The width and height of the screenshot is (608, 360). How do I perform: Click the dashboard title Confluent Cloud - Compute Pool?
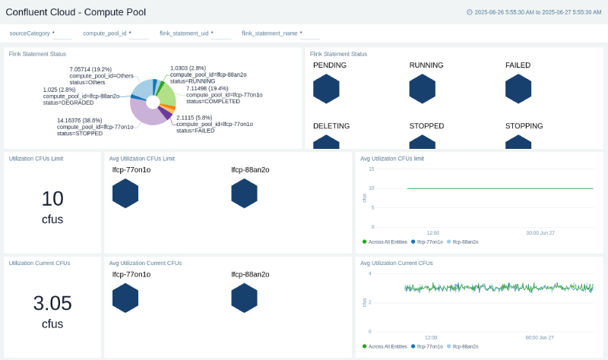pyautogui.click(x=76, y=12)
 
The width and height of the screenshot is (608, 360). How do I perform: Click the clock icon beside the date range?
pyautogui.click(x=469, y=12)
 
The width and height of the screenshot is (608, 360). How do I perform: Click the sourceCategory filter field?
pyautogui.click(x=40, y=33)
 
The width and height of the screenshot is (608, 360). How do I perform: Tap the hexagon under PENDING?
pyautogui.click(x=326, y=89)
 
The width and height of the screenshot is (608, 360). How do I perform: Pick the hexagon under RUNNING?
pyautogui.click(x=422, y=89)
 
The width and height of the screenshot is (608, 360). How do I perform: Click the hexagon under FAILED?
pyautogui.click(x=518, y=89)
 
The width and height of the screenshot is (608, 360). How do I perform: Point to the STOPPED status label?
pyautogui.click(x=426, y=126)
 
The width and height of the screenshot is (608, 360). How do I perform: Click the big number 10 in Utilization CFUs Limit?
pyautogui.click(x=52, y=199)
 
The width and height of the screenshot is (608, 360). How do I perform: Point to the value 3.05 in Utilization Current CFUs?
pyautogui.click(x=52, y=303)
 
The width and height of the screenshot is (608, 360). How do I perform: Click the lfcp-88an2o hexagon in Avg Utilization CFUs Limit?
pyautogui.click(x=244, y=193)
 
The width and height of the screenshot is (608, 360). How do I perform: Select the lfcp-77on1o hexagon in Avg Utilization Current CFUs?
pyautogui.click(x=125, y=298)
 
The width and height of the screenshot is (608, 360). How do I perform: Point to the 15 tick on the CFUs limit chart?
pyautogui.click(x=371, y=169)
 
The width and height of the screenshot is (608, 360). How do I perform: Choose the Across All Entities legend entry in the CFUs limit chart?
pyautogui.click(x=385, y=242)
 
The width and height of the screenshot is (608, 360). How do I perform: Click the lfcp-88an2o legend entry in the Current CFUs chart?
pyautogui.click(x=464, y=346)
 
